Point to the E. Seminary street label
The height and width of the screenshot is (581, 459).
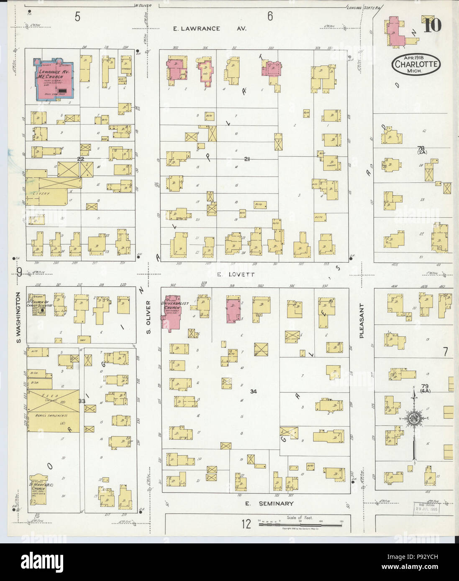coord(269,504)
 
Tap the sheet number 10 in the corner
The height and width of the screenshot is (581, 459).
coord(432,25)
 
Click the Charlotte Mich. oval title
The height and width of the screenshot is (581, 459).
coord(416,65)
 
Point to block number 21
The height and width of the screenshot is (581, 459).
coord(247,159)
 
